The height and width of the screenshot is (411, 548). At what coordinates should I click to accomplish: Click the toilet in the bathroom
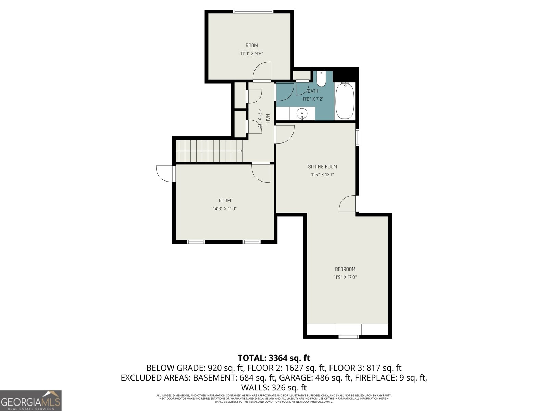pos(321,79)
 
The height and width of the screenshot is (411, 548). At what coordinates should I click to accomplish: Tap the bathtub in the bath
pos(345,101)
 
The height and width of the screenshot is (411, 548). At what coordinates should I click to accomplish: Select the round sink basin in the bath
pos(302,114)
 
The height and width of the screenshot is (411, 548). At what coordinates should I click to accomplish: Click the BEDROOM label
pos(345,269)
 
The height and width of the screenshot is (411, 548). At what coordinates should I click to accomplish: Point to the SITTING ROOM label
pos(322,167)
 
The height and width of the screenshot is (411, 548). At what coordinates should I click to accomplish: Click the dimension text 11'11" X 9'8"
pos(251,53)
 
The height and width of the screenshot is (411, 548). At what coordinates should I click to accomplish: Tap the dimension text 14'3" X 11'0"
pos(225,208)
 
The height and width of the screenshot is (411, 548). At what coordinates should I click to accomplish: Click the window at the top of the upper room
pos(253,12)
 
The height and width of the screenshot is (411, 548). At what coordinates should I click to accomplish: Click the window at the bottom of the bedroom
pos(349,337)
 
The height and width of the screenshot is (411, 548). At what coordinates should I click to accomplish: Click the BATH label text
pos(313,91)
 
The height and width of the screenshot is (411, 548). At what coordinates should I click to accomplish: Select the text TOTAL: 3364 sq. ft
pos(274,358)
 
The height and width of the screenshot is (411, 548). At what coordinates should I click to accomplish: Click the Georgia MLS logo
pos(30,401)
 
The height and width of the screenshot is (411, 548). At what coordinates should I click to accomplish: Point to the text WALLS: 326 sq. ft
pos(274,388)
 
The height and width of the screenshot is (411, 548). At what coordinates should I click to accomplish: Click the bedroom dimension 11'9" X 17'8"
pos(345,277)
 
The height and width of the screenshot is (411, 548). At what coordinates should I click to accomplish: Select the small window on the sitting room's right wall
pos(357,137)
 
